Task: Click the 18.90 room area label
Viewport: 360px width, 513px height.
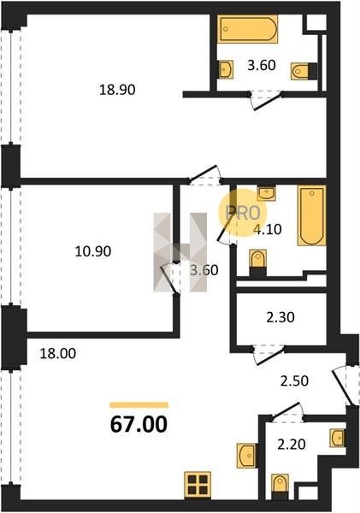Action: pyautogui.click(x=117, y=89)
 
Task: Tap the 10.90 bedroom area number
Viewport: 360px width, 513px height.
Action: pyautogui.click(x=93, y=251)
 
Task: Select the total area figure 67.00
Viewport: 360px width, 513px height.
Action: pyautogui.click(x=139, y=425)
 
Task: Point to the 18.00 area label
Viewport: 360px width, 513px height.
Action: pyautogui.click(x=58, y=353)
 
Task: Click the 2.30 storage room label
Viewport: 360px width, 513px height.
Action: pyautogui.click(x=280, y=317)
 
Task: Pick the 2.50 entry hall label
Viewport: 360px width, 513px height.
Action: pyautogui.click(x=294, y=381)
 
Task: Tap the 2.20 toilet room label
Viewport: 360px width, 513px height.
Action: pyautogui.click(x=292, y=445)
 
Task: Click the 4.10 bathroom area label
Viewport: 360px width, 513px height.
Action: pyautogui.click(x=268, y=229)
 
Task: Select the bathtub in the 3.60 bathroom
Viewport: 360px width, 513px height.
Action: pyautogui.click(x=248, y=29)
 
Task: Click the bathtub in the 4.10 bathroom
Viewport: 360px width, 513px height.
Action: pyautogui.click(x=312, y=215)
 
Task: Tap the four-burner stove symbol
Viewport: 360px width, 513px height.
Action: pyautogui.click(x=198, y=485)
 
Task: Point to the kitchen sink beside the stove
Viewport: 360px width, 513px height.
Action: pyautogui.click(x=245, y=456)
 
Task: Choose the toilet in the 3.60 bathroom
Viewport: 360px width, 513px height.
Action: pyautogui.click(x=304, y=71)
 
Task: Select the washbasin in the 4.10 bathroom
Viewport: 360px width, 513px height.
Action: pyautogui.click(x=267, y=193)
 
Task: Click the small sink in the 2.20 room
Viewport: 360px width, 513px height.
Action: pyautogui.click(x=338, y=437)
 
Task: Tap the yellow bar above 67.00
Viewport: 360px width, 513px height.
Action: pyautogui.click(x=139, y=405)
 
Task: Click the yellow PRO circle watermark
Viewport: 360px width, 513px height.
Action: pyautogui.click(x=243, y=213)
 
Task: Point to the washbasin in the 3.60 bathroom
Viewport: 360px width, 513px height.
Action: pyautogui.click(x=226, y=69)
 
